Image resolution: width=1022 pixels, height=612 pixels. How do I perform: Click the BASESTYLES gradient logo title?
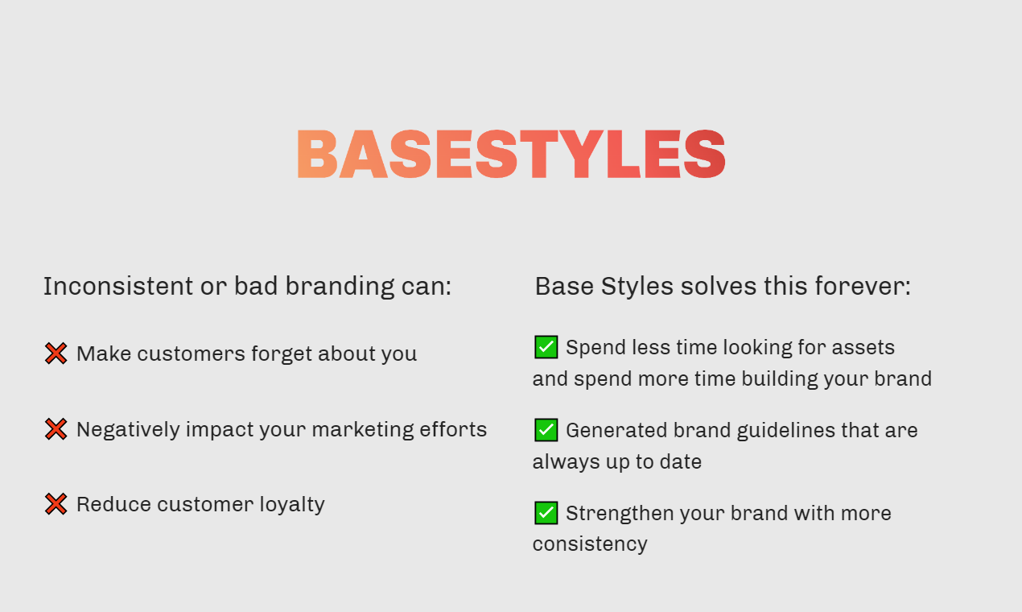511,154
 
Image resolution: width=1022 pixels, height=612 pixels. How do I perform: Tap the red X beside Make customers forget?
56,354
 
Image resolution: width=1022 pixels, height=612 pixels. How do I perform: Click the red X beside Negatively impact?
56,429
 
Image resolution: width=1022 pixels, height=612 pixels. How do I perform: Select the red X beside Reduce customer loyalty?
56,504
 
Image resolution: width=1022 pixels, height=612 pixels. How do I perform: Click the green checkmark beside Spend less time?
546,347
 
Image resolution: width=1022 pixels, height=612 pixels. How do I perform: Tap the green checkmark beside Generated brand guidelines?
546,430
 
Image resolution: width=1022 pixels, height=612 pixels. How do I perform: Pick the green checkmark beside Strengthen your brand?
546,513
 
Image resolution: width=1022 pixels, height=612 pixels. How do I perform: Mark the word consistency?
589,544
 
